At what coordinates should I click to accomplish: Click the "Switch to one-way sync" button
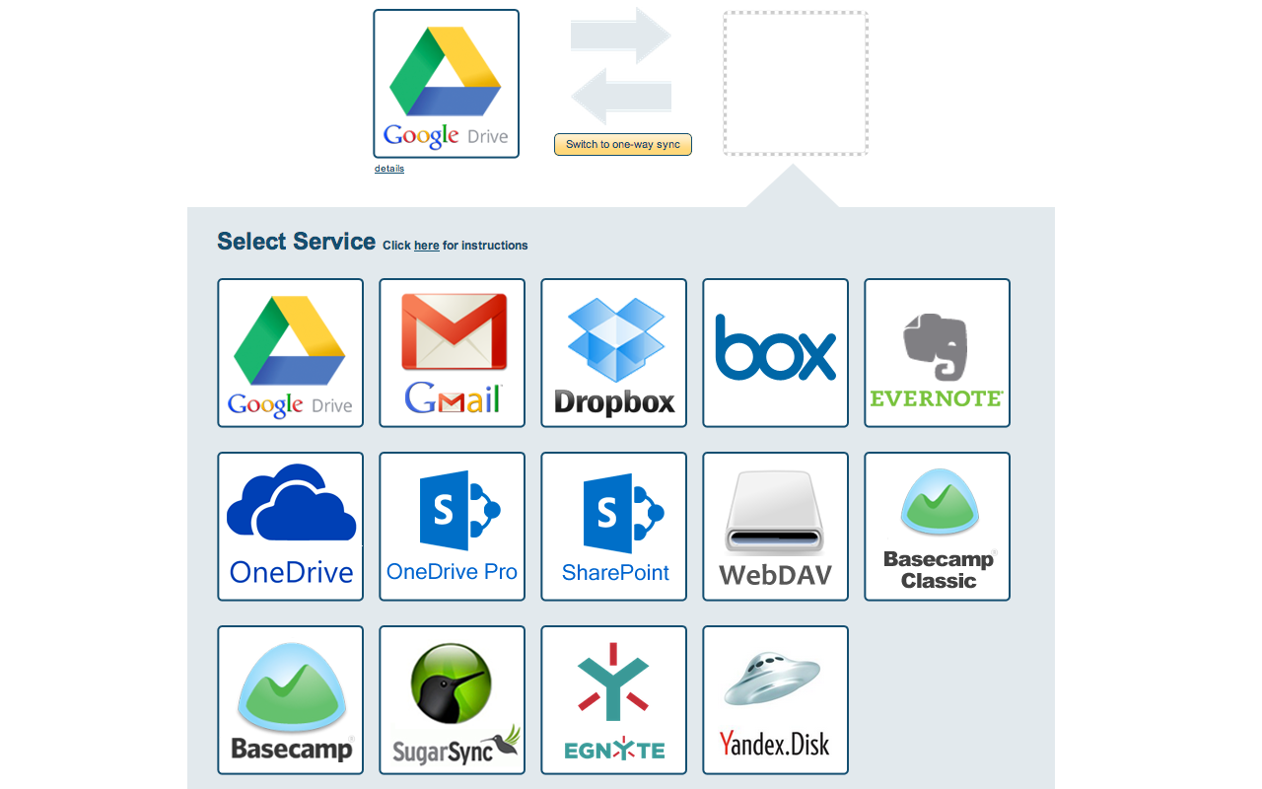623,145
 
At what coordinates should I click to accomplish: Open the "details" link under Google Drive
389,169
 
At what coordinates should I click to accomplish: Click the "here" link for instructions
427,246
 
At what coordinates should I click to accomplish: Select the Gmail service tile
453,353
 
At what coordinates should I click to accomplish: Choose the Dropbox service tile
614,353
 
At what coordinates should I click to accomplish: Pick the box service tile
776,353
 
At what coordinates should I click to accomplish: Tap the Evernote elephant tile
938,353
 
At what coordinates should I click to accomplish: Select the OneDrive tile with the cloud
291,527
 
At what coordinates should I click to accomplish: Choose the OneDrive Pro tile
453,527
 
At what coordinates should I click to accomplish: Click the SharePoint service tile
614,527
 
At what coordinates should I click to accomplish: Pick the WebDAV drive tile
776,527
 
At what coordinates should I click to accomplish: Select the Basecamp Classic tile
938,527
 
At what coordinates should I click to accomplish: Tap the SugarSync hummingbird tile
453,700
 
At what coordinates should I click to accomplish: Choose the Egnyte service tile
614,700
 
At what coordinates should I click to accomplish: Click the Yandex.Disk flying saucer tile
776,700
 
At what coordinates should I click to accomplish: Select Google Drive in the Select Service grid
291,353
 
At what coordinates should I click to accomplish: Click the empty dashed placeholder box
796,84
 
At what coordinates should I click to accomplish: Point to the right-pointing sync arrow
622,36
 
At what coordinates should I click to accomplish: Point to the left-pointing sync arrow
620,97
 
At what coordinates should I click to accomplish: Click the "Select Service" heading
296,242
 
